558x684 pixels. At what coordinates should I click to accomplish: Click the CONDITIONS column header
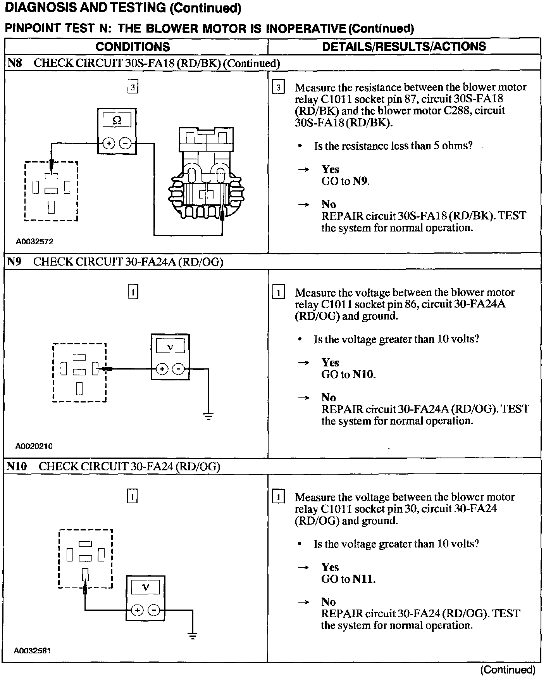pos(133,47)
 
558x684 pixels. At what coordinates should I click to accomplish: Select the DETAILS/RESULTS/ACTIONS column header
pos(404,47)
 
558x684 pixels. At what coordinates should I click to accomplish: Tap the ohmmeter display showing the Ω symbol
pos(116,121)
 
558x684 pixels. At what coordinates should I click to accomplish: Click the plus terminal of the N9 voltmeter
pos(162,369)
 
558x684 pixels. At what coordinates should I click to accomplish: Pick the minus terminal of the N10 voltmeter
pos(154,610)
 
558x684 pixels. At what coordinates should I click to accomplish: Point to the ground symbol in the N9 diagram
pos(208,417)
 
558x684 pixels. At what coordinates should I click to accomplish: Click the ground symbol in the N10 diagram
pos(193,636)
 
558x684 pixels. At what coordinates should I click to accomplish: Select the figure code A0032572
pos(34,242)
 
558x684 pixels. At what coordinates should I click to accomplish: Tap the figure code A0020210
pos(34,446)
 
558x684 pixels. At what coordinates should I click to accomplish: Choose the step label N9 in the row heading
pos(14,262)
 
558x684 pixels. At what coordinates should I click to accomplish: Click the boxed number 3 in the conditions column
pos(133,87)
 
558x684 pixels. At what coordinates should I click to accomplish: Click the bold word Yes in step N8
pos(330,169)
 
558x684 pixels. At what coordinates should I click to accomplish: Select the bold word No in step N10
pos(328,602)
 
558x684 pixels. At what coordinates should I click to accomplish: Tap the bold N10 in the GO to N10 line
pos(364,374)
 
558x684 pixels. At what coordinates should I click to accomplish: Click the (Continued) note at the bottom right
pos(508,670)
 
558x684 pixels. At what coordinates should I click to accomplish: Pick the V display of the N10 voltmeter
pos(145,587)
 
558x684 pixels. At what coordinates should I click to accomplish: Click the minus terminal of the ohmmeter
pos(125,143)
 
